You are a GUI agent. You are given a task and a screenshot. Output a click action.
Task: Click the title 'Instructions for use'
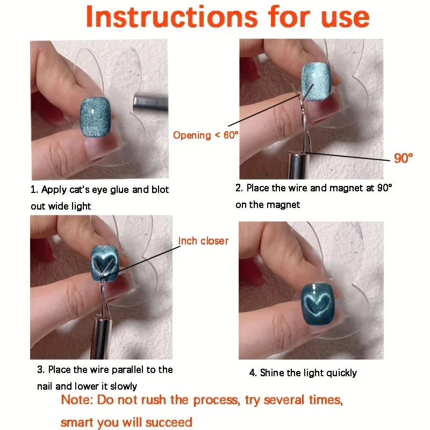(x=227, y=17)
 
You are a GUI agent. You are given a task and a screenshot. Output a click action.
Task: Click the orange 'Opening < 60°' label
(x=205, y=135)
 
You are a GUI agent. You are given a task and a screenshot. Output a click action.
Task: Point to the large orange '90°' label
(x=403, y=158)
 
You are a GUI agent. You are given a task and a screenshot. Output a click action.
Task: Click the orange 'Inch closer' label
(x=203, y=241)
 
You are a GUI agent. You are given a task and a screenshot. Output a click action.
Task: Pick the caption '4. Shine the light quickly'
(x=303, y=372)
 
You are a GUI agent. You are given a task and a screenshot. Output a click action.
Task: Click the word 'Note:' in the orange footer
(x=78, y=400)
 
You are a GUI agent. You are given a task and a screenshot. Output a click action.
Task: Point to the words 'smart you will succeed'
(x=126, y=422)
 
